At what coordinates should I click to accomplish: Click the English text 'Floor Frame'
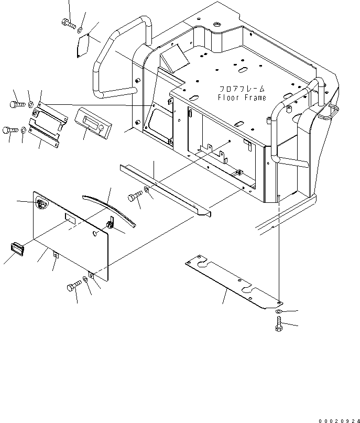coord(242,97)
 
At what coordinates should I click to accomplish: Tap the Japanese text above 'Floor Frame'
coord(242,89)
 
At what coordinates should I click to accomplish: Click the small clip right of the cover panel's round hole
coord(111,224)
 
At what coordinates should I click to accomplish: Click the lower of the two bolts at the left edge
coord(11,130)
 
